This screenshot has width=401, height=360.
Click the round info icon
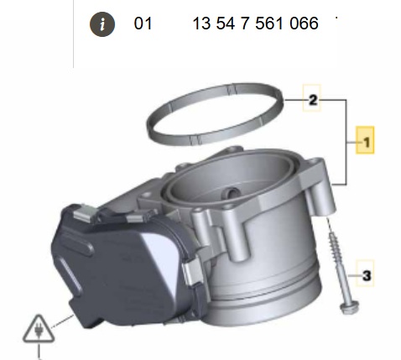[102, 24]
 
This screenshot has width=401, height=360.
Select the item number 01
[143, 23]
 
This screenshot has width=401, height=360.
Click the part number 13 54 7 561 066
[255, 23]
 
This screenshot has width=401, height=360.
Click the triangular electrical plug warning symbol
[39, 330]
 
